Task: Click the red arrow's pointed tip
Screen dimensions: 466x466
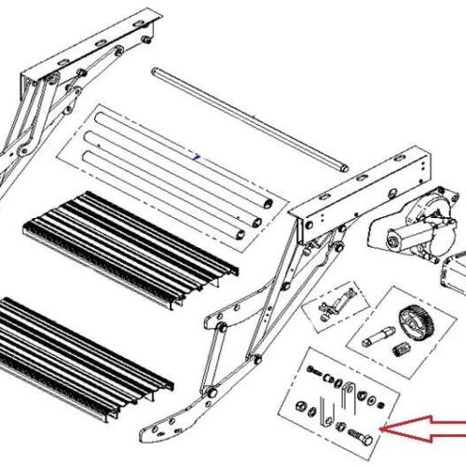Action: pyautogui.click(x=385, y=432)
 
